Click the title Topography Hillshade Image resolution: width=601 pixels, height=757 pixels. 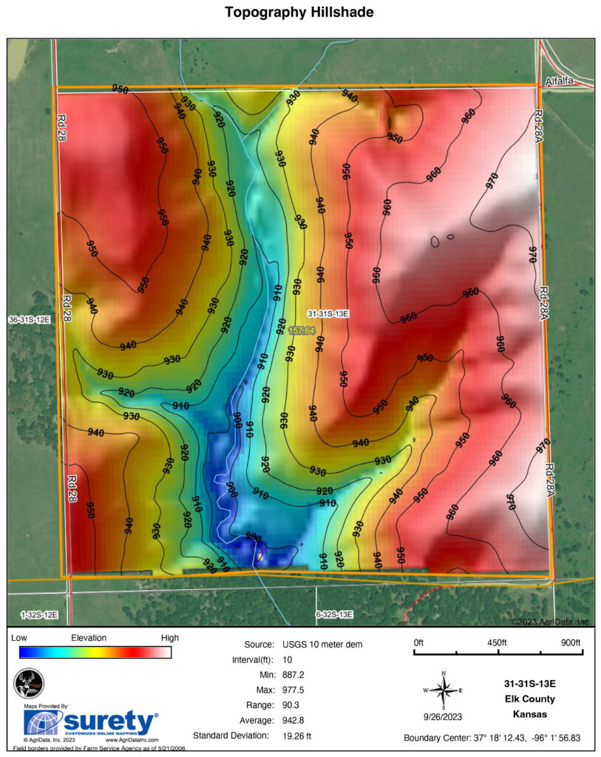pyautogui.click(x=299, y=13)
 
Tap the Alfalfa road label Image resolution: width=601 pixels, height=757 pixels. pyautogui.click(x=560, y=81)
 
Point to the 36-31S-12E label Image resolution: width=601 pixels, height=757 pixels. pyautogui.click(x=28, y=319)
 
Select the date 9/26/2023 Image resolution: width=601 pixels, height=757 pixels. pyautogui.click(x=444, y=716)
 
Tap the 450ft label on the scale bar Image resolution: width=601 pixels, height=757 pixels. pyautogui.click(x=498, y=642)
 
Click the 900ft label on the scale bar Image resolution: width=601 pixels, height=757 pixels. pyautogui.click(x=571, y=642)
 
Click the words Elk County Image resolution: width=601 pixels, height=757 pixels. pyautogui.click(x=529, y=699)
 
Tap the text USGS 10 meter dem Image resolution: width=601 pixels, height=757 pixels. pyautogui.click(x=322, y=645)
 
